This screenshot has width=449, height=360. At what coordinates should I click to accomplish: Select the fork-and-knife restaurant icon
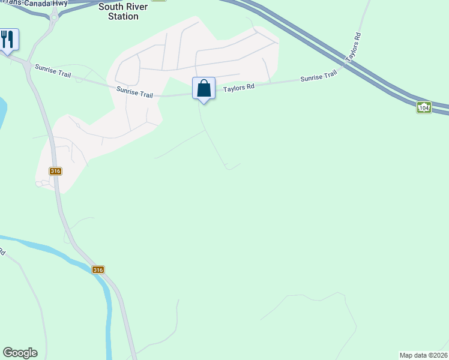point(8,40)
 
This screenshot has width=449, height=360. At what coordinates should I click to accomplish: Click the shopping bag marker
point(204,88)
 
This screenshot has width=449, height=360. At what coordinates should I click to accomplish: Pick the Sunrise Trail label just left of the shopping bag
point(135,92)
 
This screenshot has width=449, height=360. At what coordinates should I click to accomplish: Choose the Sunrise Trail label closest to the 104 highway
point(319,77)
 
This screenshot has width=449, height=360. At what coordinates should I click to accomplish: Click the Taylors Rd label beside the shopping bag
point(239,87)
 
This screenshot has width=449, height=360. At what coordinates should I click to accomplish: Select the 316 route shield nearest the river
point(98,270)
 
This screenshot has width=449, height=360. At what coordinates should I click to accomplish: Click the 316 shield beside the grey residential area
point(55,171)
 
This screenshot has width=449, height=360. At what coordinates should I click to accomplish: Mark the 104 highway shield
point(424,107)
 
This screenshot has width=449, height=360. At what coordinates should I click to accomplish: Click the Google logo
point(20,353)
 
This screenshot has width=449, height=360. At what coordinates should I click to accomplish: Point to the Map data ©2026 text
point(423,355)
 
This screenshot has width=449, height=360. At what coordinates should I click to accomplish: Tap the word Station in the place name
point(122,16)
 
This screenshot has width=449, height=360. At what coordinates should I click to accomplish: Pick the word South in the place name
point(111,7)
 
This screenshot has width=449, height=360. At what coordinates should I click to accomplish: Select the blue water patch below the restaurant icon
point(2,111)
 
